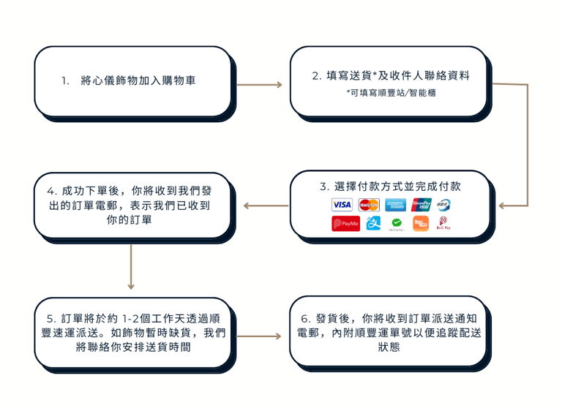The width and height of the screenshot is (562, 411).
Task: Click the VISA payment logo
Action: pos(342,205)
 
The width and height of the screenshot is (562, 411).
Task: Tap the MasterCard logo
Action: pos(369,205)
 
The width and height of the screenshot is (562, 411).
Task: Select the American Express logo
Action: pos(396,205)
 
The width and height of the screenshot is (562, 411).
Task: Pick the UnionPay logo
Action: pos(421,205)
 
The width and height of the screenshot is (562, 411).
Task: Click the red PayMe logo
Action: pos(345,224)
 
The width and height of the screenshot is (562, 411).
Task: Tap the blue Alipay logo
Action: pos(374,224)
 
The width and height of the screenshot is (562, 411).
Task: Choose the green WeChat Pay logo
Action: pos(397,224)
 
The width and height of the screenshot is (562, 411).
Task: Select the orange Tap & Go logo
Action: pos(421,224)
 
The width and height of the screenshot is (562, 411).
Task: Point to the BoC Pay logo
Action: pos(443,224)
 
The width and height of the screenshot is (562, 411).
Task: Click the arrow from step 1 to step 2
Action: pos(260,85)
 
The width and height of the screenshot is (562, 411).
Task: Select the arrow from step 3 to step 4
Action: pos(264,205)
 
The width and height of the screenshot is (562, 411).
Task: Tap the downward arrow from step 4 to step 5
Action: pos(131,267)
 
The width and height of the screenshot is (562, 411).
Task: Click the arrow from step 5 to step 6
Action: pos(260,336)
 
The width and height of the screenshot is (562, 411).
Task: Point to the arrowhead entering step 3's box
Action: pos(503,205)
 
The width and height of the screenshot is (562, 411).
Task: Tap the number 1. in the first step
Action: pos(66,80)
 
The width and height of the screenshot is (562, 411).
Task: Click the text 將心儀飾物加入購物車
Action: pos(138,80)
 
